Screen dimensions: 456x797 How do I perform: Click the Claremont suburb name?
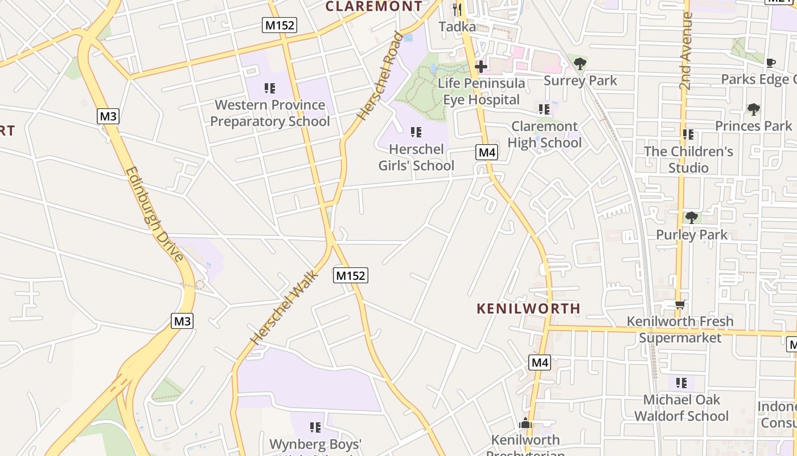[374, 6]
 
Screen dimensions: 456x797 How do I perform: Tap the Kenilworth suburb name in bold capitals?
[528, 308]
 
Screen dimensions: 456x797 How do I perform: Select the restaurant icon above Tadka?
[457, 9]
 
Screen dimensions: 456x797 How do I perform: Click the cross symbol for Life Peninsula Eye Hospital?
[481, 67]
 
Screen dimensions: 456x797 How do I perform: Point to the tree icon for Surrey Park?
[580, 63]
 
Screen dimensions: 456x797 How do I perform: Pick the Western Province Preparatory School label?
[270, 113]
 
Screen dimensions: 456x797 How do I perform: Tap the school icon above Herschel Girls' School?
[416, 132]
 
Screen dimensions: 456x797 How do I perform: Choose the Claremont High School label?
[544, 135]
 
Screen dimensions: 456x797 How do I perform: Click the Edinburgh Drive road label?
[155, 214]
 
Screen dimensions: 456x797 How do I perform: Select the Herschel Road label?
[380, 76]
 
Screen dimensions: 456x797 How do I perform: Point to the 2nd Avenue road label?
[686, 51]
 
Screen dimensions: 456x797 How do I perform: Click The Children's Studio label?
[688, 160]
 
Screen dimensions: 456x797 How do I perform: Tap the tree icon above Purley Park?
[692, 217]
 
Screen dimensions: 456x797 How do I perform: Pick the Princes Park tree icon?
[754, 108]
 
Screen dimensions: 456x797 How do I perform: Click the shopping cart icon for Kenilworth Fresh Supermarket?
[680, 304]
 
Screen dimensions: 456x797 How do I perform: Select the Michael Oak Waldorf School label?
[681, 408]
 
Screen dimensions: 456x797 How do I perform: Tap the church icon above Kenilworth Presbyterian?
[525, 423]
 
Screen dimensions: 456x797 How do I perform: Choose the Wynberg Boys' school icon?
[315, 427]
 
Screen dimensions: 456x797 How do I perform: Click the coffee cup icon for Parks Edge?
[771, 63]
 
